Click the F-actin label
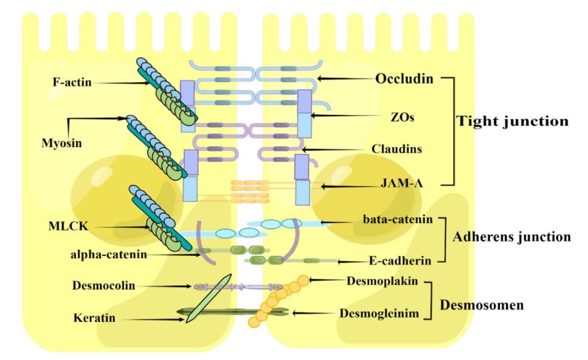72,81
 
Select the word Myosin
61,143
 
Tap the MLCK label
68,226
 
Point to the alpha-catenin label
109,254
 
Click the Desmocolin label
103,285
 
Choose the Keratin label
94,317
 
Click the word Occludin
404,78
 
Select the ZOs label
403,117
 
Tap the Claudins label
396,149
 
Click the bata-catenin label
398,219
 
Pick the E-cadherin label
400,260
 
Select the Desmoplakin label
382,281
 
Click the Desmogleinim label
379,313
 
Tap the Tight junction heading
512,121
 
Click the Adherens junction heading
511,237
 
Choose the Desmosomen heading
482,305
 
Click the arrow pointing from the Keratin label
154,319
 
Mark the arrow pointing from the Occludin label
346,79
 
